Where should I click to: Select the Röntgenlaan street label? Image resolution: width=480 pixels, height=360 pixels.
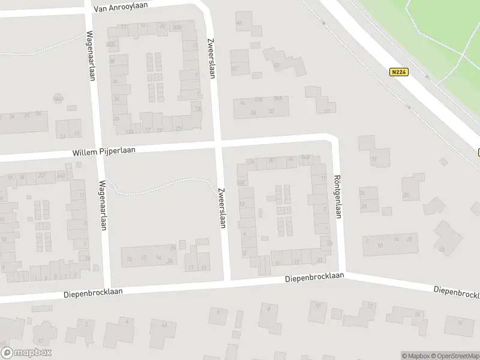[338, 197]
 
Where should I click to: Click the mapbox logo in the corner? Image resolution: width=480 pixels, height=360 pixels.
[26, 353]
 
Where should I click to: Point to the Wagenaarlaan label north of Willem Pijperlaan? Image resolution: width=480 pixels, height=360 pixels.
[92, 55]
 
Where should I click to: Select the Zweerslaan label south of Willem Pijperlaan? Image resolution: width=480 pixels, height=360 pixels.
[221, 207]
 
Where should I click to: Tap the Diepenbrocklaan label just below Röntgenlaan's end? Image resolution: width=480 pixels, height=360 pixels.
[314, 277]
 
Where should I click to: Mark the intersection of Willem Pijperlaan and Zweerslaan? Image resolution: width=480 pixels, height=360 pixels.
[219, 146]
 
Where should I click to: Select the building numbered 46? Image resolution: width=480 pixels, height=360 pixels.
[239, 23]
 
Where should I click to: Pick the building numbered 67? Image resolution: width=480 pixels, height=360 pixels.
[234, 69]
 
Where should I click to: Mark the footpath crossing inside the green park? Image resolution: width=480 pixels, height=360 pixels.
[463, 56]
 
